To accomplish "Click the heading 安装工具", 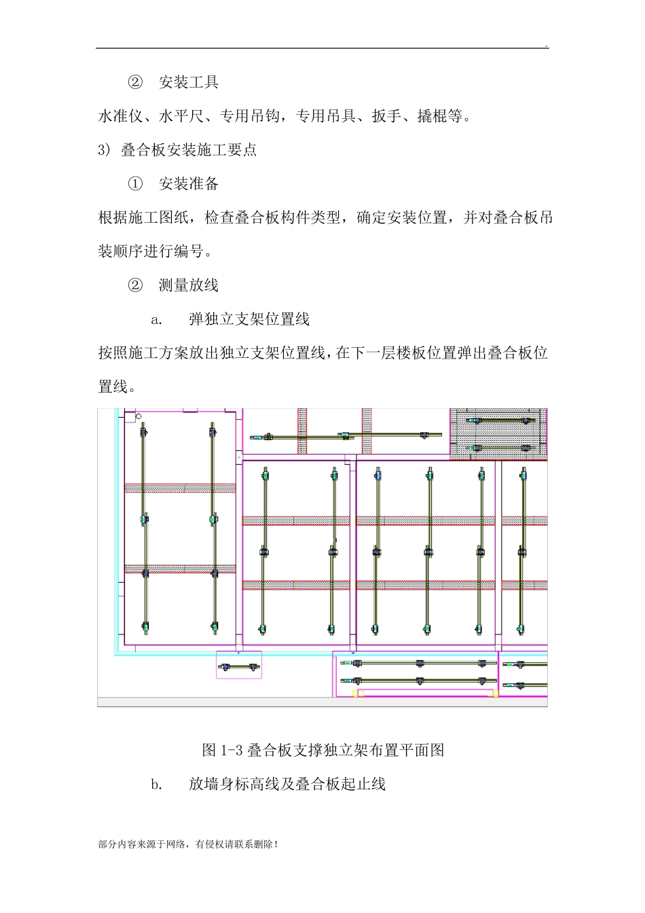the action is point(188,83).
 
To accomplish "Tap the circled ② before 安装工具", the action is point(135,83).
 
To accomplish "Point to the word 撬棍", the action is point(432,117).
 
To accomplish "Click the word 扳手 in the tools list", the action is point(386,117).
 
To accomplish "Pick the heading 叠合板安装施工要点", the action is point(189,150).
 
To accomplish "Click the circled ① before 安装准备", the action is point(135,184).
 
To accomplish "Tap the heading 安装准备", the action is point(188,184).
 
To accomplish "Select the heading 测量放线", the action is point(188,285).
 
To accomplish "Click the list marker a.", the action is point(157,319).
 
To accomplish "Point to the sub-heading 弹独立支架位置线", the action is point(248,319).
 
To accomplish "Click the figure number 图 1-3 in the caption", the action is point(222,751).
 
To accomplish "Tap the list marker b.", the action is point(157,785).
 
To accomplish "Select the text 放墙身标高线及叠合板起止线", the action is point(287,785).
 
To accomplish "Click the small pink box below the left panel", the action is point(239,665).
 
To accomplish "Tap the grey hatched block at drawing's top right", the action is point(498,434).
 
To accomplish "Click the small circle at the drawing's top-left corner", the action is point(139,416).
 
